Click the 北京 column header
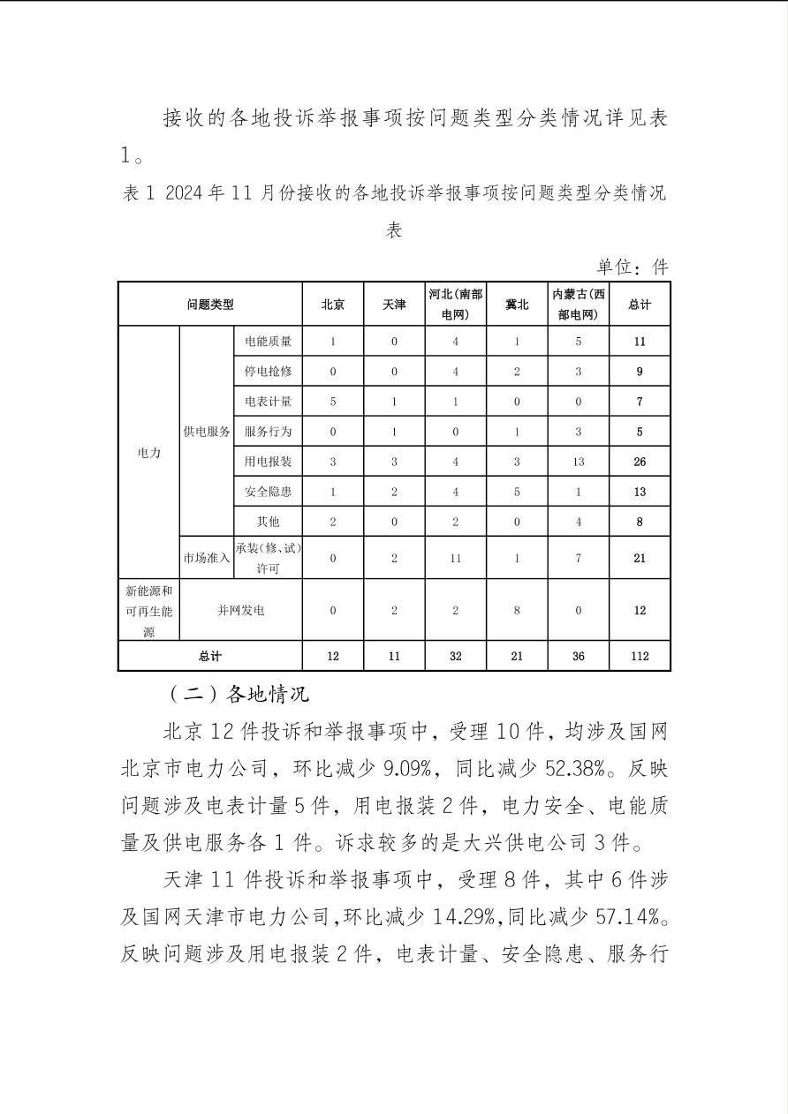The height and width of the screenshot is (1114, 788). pos(332,305)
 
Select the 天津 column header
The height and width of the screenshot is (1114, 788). pos(394,305)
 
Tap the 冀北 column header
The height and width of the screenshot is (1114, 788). pos(517,305)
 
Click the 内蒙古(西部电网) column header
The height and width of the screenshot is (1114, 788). pos(579,305)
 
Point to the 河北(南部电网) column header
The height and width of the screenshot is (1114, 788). pos(456,305)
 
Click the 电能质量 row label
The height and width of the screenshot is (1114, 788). pos(268,342)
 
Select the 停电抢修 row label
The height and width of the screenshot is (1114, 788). pos(268,372)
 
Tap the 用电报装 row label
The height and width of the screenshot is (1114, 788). pos(268,462)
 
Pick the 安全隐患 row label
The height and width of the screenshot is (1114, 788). pos(268,492)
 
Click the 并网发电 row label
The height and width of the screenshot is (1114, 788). pos(241,610)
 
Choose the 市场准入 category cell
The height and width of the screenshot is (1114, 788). pos(207,558)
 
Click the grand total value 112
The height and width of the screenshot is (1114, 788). pos(640,656)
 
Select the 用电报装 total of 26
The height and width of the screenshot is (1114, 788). pos(640,462)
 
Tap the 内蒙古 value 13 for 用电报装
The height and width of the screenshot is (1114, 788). pos(579,462)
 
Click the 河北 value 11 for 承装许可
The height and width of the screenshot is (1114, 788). pos(456,558)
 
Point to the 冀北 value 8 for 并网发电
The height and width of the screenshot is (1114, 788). pos(517,610)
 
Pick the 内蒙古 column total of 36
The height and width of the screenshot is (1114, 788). pos(579,656)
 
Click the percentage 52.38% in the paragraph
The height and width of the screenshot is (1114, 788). pos(564,769)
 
